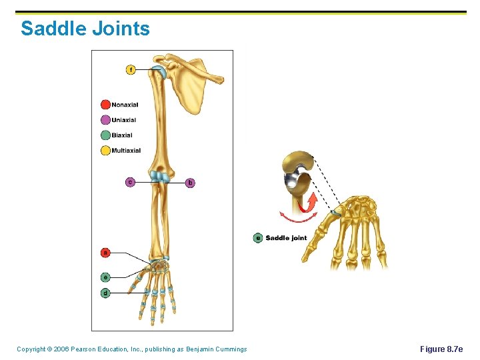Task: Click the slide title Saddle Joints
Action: point(85,29)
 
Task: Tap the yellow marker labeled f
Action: point(131,69)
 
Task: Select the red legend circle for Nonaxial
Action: point(105,105)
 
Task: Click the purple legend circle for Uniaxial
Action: point(105,120)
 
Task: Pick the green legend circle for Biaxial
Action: point(105,135)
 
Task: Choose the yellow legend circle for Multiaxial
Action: point(105,151)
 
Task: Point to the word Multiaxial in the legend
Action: point(126,151)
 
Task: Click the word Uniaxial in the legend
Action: point(123,120)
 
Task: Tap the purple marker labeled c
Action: point(131,182)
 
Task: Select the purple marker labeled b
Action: point(190,182)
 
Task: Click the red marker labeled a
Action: point(105,253)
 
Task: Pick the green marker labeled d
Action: point(105,293)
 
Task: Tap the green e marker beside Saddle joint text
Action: point(258,238)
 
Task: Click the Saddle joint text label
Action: point(286,238)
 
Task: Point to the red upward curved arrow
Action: point(310,201)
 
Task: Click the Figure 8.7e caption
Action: point(441,349)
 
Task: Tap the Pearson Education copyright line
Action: point(131,349)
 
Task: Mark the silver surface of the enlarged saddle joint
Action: point(292,181)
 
